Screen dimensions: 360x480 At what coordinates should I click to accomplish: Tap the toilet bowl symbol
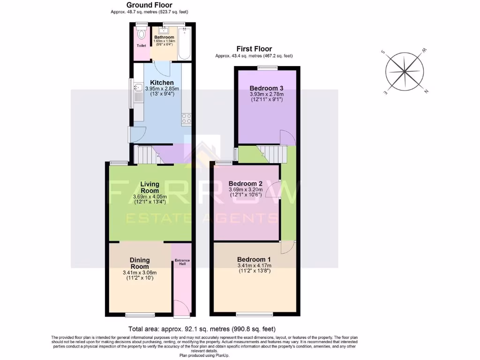pos(141,34)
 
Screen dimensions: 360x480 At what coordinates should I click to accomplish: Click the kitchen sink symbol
pos(137,87)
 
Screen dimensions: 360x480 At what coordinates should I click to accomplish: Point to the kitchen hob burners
pos(187,118)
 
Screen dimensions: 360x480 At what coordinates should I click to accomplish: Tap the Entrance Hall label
pos(181,262)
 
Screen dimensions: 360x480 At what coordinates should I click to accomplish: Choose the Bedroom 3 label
pos(266,88)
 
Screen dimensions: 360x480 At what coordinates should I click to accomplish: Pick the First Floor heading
pos(254,49)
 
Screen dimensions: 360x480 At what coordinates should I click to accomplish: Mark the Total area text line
pos(205,329)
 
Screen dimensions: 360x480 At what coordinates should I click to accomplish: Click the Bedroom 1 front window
pos(254,314)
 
